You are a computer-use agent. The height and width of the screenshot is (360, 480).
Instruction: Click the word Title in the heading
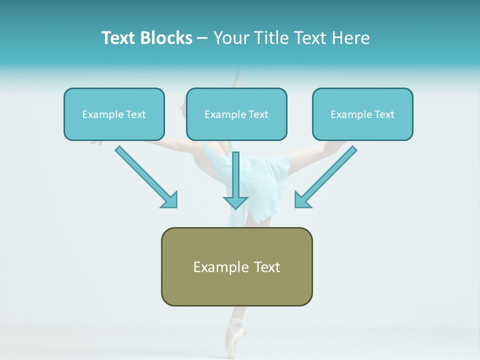[x=268, y=38]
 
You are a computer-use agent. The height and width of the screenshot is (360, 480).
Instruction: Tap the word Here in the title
[x=349, y=38]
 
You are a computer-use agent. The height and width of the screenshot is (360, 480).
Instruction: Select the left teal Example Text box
[x=114, y=114]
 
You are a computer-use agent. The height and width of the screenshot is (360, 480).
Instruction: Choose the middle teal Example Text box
[x=236, y=114]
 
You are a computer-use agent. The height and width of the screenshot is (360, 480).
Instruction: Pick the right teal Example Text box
[x=362, y=114]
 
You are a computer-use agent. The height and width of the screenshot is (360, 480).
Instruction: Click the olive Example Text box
[x=236, y=266]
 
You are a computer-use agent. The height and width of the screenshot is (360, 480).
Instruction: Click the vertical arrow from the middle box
[x=236, y=175]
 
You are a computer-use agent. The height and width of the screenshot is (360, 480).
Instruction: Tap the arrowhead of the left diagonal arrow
[x=170, y=200]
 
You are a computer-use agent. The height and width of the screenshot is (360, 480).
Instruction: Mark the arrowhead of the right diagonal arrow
[x=302, y=200]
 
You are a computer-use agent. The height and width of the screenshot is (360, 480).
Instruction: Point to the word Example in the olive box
[x=214, y=267]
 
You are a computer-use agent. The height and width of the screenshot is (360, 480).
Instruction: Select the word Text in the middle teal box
[x=258, y=114]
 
